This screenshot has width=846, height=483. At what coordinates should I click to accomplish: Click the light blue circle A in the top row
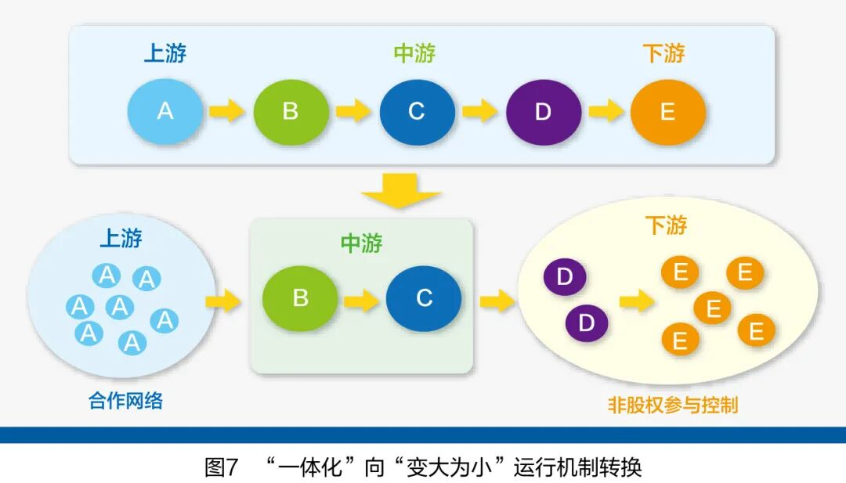coord(165,112)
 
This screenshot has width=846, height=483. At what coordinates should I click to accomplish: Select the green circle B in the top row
coord(291,112)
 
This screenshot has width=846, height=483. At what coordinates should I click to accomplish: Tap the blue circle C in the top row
coord(417,112)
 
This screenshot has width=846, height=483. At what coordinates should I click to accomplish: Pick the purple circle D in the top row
coord(543,112)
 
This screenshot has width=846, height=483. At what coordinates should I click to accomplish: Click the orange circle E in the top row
coord(667,112)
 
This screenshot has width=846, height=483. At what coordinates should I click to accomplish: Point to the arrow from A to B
coord(227,111)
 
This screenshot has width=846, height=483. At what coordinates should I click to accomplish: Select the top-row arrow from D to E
coord(606,111)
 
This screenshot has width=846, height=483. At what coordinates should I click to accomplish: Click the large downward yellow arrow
coord(402,190)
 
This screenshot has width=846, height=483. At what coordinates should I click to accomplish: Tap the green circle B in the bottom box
coord(300,299)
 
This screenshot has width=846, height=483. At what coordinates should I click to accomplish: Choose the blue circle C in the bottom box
coord(424,298)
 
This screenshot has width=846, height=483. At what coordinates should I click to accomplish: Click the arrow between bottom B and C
coord(361,299)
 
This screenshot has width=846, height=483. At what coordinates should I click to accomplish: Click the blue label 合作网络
coord(126,401)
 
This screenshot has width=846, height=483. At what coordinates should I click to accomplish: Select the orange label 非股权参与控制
coord(673,405)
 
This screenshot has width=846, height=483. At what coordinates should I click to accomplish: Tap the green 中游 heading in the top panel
coord(414,53)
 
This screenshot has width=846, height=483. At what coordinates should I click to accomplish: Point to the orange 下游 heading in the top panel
coord(663,53)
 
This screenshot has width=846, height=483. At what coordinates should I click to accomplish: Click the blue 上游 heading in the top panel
coord(165,53)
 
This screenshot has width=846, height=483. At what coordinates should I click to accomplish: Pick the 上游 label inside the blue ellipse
coord(121,238)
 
